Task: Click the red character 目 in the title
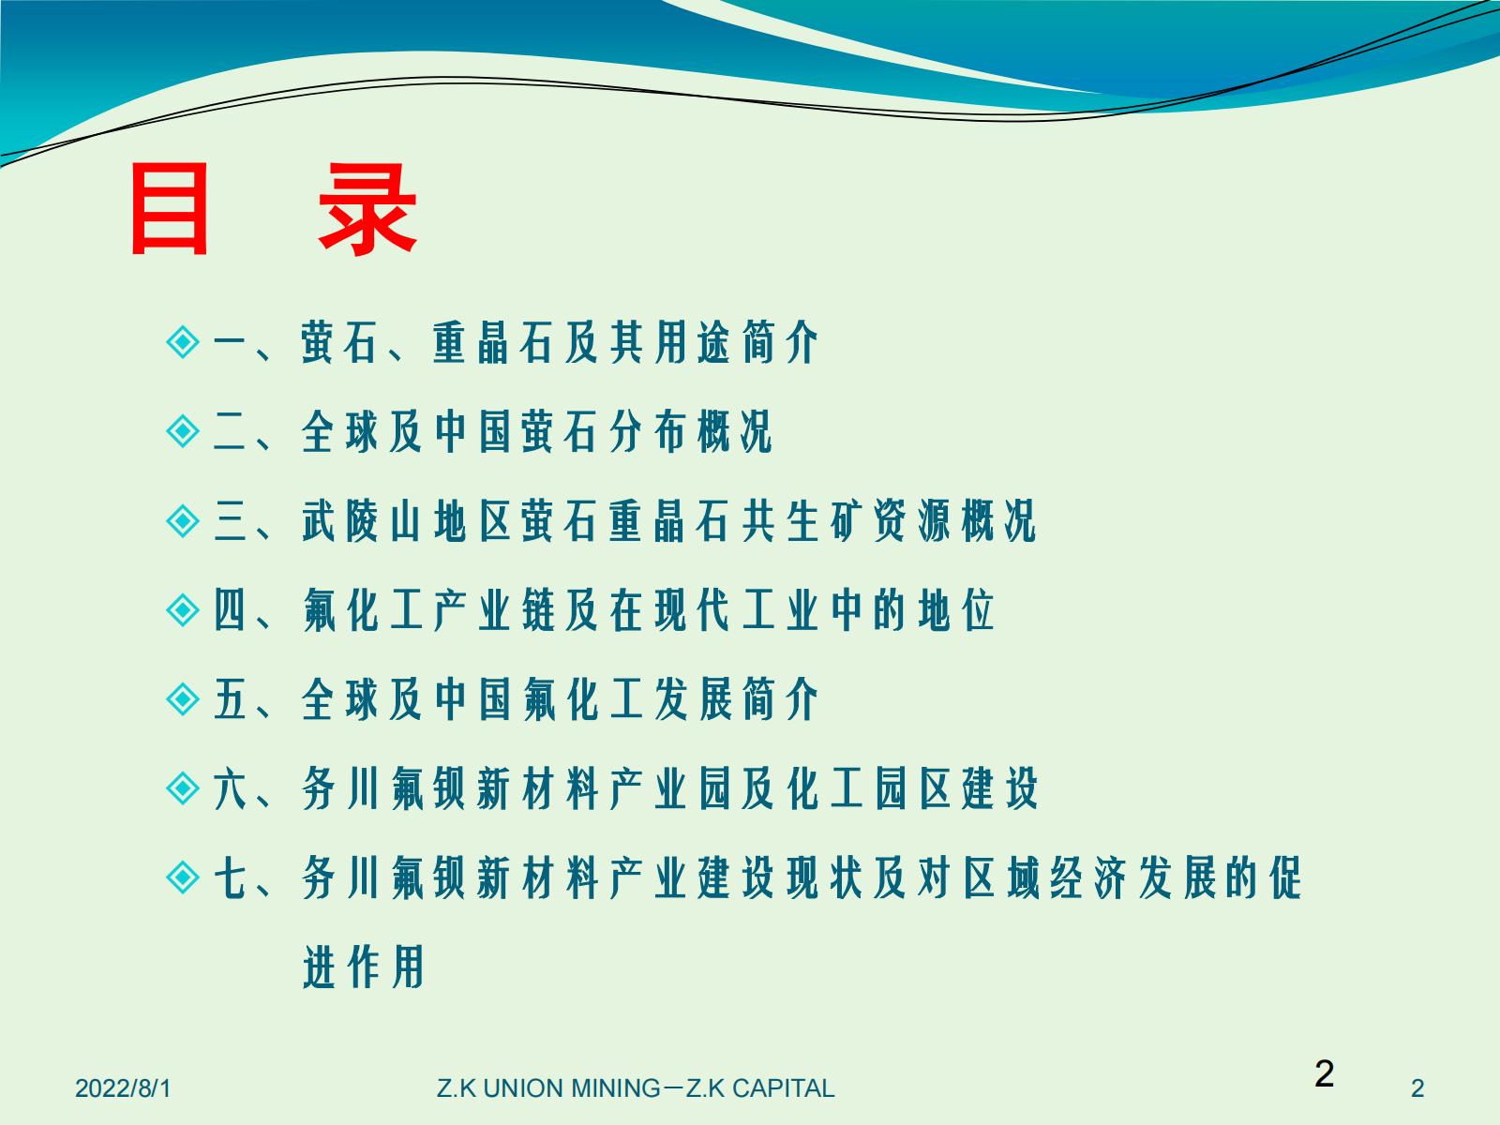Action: click(x=169, y=209)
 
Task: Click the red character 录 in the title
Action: click(x=367, y=209)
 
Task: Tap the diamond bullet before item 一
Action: click(x=183, y=341)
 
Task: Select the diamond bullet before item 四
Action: click(x=183, y=610)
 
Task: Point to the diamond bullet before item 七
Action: click(x=183, y=877)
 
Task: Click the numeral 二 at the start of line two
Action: click(x=230, y=431)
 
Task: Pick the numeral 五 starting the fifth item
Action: click(x=230, y=699)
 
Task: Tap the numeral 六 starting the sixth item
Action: click(x=230, y=789)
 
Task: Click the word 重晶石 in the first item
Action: click(x=493, y=342)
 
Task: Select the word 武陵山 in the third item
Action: click(x=362, y=521)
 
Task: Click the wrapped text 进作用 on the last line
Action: click(x=364, y=967)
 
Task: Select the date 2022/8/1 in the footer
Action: click(x=123, y=1088)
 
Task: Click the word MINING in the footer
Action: click(x=616, y=1088)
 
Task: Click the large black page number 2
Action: click(x=1325, y=1073)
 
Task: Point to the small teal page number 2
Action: click(x=1417, y=1088)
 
